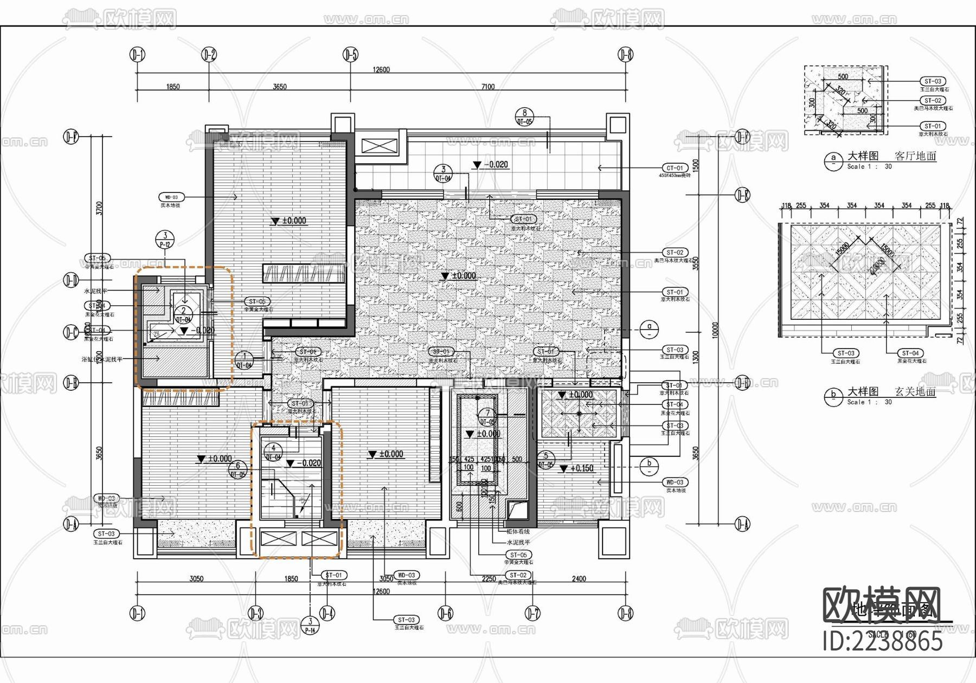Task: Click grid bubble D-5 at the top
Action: pos(351,55)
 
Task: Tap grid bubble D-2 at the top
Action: pos(209,55)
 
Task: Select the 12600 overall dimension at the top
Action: pos(381,69)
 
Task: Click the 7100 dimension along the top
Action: pos(488,87)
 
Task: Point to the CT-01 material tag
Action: pos(675,168)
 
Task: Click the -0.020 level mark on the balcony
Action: pos(491,165)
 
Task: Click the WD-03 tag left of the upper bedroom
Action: pos(171,197)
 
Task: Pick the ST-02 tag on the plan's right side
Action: pos(675,253)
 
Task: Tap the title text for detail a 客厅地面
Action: pos(892,156)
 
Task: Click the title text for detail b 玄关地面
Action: pos(892,391)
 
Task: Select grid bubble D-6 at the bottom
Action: pos(445,613)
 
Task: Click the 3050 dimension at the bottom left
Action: pos(196,579)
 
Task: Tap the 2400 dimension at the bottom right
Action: pos(579,579)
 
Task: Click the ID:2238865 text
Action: pos(882,642)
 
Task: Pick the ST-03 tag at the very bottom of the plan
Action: pos(406,620)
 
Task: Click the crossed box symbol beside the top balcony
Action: pos(380,146)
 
